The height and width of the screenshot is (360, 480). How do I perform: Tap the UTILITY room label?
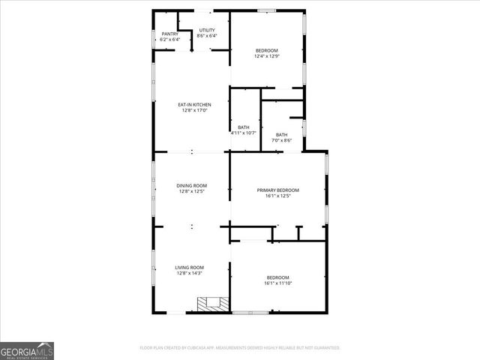(206, 30)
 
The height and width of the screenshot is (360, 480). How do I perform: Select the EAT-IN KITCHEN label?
(194, 104)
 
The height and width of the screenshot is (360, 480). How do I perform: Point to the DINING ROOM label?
(191, 185)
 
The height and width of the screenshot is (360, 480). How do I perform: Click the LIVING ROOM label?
(190, 267)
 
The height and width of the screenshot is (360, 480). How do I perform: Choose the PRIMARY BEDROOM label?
(278, 190)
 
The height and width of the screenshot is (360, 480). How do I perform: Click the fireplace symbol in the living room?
(211, 303)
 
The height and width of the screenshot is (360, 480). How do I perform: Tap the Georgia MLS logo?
(27, 350)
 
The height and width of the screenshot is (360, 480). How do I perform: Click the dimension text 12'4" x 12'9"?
(266, 56)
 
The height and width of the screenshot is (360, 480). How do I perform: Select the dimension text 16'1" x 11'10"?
(277, 283)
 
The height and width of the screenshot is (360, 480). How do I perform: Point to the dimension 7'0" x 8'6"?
(281, 140)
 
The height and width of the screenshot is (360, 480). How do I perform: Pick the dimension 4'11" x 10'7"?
(244, 133)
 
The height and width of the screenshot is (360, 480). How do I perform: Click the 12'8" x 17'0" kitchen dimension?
(194, 110)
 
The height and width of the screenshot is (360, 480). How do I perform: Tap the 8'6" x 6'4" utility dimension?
(206, 36)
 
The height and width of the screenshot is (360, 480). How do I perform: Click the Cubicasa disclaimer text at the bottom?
(240, 348)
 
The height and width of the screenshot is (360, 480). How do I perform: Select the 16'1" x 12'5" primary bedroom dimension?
(278, 196)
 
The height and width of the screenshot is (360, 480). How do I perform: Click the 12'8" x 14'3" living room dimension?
(190, 273)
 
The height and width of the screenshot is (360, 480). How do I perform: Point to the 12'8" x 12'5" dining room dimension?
(191, 191)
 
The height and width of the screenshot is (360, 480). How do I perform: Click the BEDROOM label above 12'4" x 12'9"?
(266, 50)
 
